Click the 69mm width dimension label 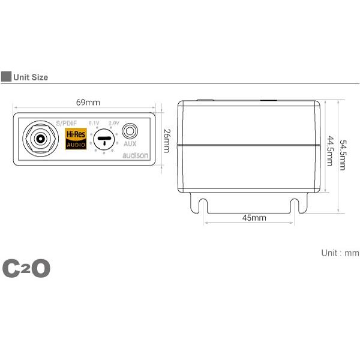(x=85, y=103)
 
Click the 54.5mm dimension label (x=343, y=155)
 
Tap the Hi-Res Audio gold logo (x=76, y=139)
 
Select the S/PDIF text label (x=67, y=122)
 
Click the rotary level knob (x=104, y=140)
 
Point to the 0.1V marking (x=94, y=123)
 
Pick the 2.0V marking (x=113, y=123)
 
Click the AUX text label (x=130, y=144)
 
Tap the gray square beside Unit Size (x=6, y=77)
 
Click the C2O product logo (x=26, y=268)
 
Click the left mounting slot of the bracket (x=204, y=207)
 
